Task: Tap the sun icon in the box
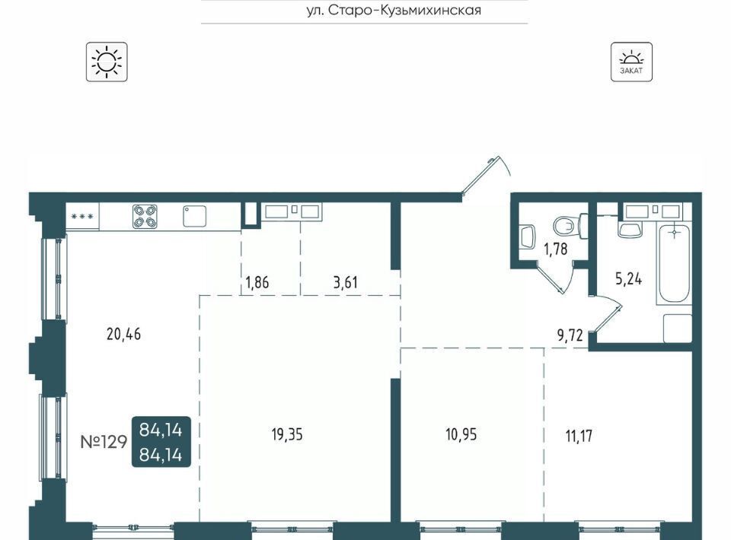click(107, 62)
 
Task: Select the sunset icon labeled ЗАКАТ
click(631, 62)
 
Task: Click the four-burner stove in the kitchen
click(145, 217)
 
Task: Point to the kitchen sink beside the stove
click(194, 216)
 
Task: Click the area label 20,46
click(123, 334)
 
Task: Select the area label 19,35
click(287, 434)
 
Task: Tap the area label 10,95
click(461, 434)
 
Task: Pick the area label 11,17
click(579, 436)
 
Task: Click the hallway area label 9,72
click(570, 335)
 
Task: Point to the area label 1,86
click(257, 282)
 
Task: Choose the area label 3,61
click(346, 282)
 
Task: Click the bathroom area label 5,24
click(628, 279)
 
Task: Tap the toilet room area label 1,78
click(556, 249)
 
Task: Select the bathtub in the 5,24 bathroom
click(674, 265)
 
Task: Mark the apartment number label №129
click(104, 441)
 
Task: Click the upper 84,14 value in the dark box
click(161, 430)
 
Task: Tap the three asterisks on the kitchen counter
click(82, 217)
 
